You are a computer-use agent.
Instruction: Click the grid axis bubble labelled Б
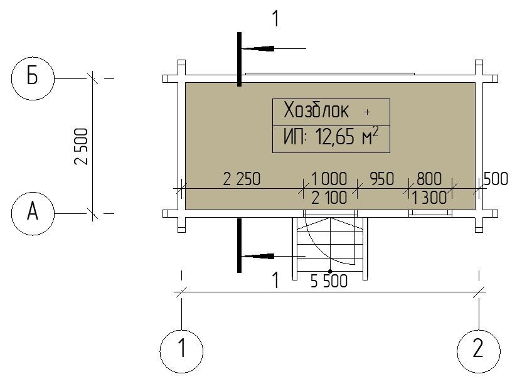33,78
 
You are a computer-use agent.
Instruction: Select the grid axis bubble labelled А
33,213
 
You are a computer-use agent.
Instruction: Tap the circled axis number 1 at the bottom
181,351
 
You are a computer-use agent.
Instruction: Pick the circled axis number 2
479,351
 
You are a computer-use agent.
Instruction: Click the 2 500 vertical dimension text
82,146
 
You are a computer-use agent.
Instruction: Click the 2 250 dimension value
242,179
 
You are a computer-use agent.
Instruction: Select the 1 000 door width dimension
329,179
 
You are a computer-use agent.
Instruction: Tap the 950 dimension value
382,179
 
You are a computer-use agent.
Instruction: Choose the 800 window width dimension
429,179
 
